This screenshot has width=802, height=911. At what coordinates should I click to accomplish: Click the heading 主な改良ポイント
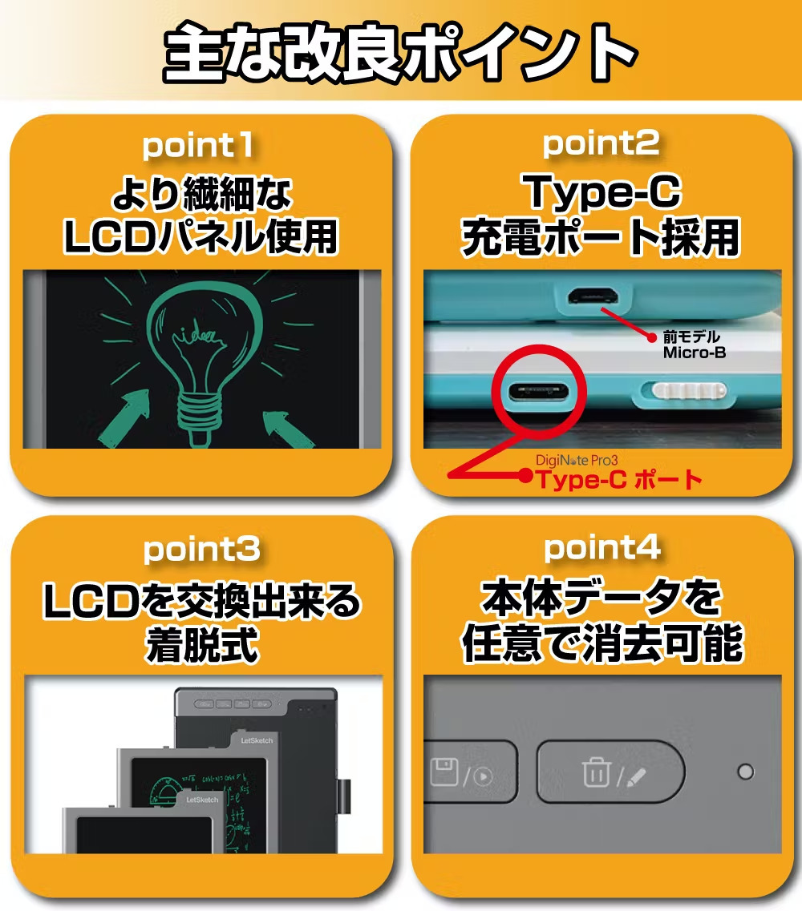pos(400,52)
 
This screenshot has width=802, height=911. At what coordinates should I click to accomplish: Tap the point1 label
pos(198,145)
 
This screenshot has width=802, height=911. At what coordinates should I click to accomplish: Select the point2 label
pos(601,144)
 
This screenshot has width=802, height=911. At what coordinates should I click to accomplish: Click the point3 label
pos(201,550)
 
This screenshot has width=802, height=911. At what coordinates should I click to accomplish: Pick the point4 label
pos(602,549)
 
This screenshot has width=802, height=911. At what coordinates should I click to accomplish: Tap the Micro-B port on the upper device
pos(593,296)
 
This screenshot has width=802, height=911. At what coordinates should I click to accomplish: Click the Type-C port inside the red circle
pos(538,392)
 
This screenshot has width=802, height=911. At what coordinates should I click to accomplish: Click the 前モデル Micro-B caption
pos(695,345)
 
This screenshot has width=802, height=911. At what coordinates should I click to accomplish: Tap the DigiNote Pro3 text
pos(577,460)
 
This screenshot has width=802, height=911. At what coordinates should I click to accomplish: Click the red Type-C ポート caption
pos(619,480)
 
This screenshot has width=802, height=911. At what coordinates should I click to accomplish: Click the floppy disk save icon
pos(444,772)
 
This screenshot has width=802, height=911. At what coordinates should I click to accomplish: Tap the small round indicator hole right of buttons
pos(745,772)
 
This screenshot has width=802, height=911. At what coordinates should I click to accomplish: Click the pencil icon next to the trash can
pos(636,776)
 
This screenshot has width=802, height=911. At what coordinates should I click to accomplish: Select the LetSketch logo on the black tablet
pos(257,740)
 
